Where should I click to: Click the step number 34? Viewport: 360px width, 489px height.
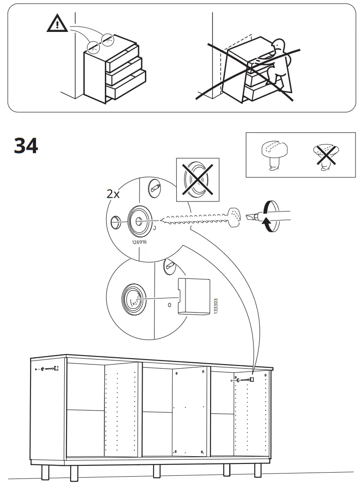[x=26, y=146]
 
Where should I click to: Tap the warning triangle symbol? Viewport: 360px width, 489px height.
[x=57, y=24]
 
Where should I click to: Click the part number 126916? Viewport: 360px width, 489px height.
[x=139, y=242]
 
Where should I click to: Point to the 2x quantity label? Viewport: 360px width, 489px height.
[x=113, y=194]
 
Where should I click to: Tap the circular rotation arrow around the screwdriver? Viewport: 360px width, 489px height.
[x=269, y=216]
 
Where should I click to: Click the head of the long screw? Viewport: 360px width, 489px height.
[x=235, y=218]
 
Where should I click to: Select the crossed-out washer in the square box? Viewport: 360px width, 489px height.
[x=198, y=180]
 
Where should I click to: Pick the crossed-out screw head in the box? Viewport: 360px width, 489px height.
[x=326, y=155]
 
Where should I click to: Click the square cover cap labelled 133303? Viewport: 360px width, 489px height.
[x=194, y=296]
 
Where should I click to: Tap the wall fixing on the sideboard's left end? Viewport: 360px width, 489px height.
[x=47, y=369]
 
